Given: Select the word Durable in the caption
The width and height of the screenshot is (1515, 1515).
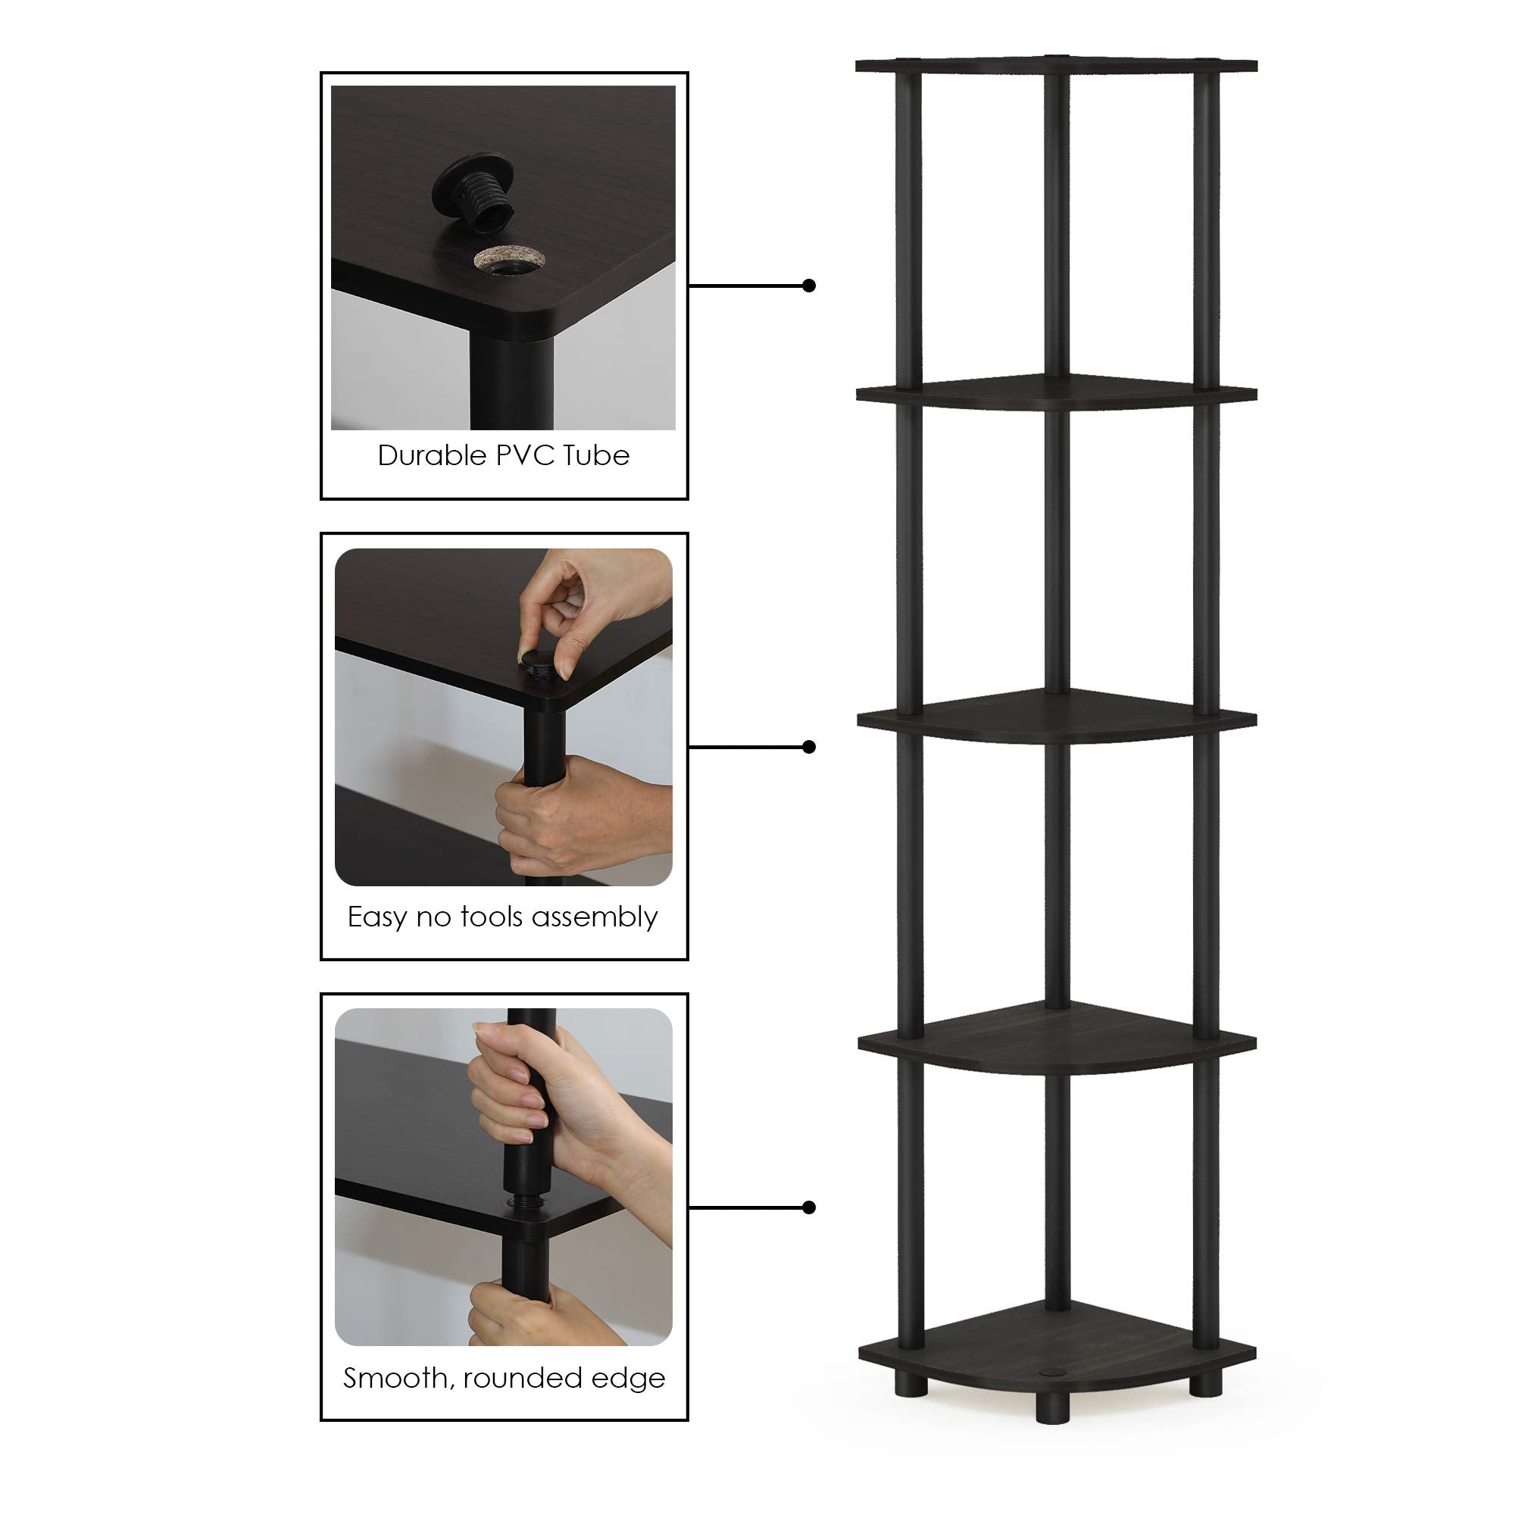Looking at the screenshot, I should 432,455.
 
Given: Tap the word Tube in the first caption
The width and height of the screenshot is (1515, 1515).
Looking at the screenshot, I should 596,455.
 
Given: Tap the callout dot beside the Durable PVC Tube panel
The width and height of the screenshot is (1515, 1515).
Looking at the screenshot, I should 809,286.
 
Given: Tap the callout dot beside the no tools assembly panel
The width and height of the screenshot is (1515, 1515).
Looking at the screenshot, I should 809,747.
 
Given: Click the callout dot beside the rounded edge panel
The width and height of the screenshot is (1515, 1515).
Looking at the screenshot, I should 809,1207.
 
